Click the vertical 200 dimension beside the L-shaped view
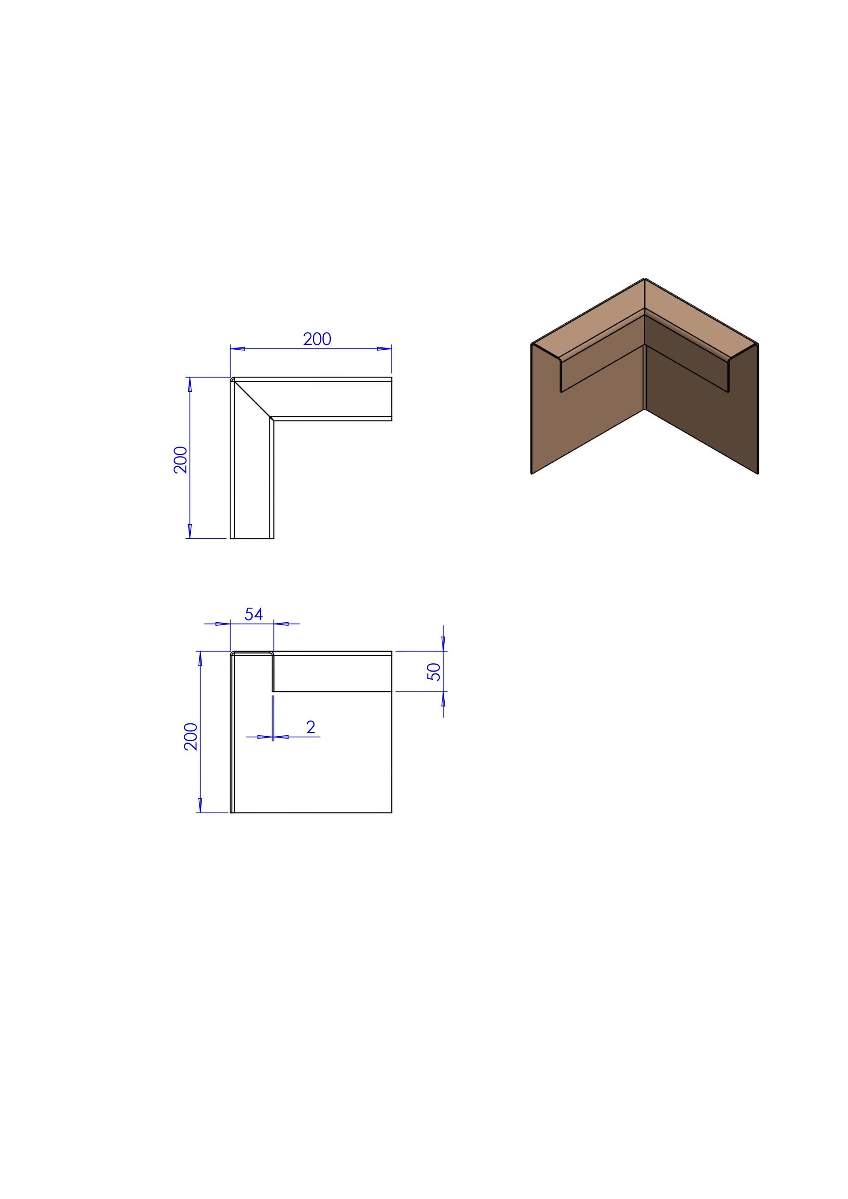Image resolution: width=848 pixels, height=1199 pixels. click(x=181, y=460)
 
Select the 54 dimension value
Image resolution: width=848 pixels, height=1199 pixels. click(x=254, y=614)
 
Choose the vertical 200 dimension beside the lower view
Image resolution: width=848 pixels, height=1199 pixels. click(x=191, y=736)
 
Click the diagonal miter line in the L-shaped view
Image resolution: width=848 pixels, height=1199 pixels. click(x=253, y=400)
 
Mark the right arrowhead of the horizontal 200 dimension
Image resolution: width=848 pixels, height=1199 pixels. click(x=384, y=349)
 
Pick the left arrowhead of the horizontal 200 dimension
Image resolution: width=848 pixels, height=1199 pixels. click(x=238, y=349)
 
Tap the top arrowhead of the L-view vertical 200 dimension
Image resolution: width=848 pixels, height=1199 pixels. click(x=189, y=384)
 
